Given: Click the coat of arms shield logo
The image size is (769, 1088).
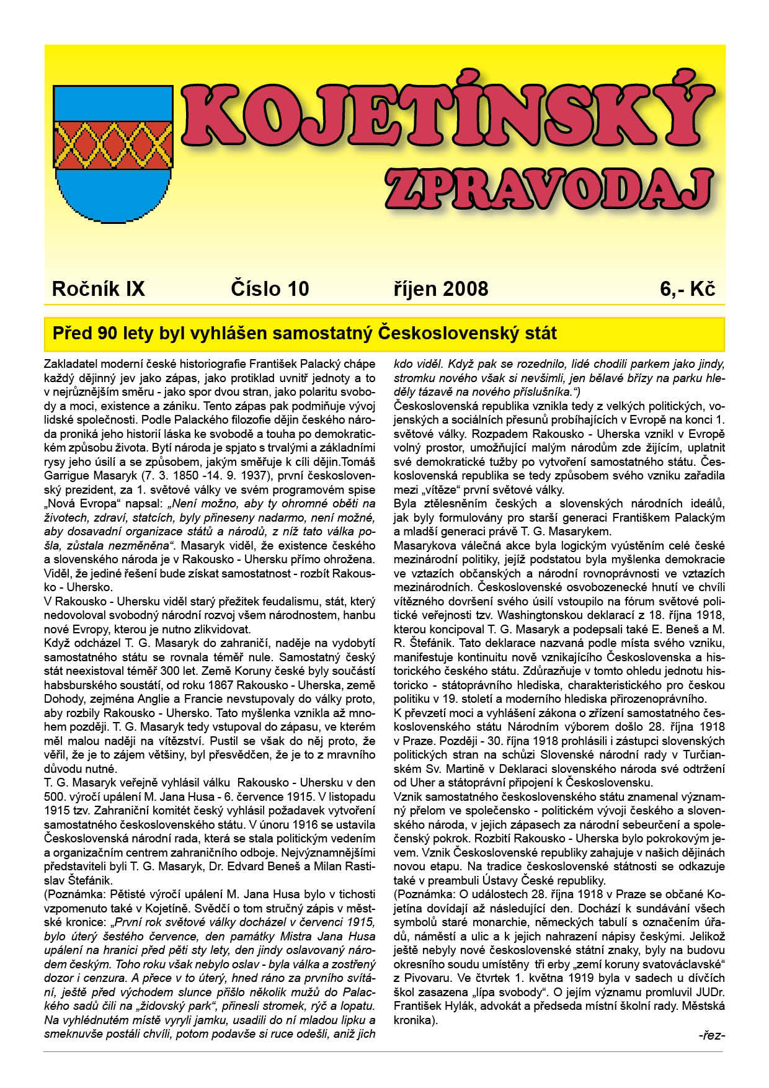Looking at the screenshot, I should [x=113, y=153].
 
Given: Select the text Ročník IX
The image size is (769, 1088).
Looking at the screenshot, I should [x=99, y=289].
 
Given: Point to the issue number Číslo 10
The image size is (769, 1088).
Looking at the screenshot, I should [x=270, y=289].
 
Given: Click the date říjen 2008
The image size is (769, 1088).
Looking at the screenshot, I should [x=441, y=289].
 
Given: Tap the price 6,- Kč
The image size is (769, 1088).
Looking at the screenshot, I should [x=688, y=289].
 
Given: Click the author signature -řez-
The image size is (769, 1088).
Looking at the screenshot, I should [x=711, y=1035].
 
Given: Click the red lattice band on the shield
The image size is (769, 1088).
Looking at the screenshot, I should [x=113, y=143].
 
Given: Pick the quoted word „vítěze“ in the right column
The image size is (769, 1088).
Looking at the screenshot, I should [x=429, y=489].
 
